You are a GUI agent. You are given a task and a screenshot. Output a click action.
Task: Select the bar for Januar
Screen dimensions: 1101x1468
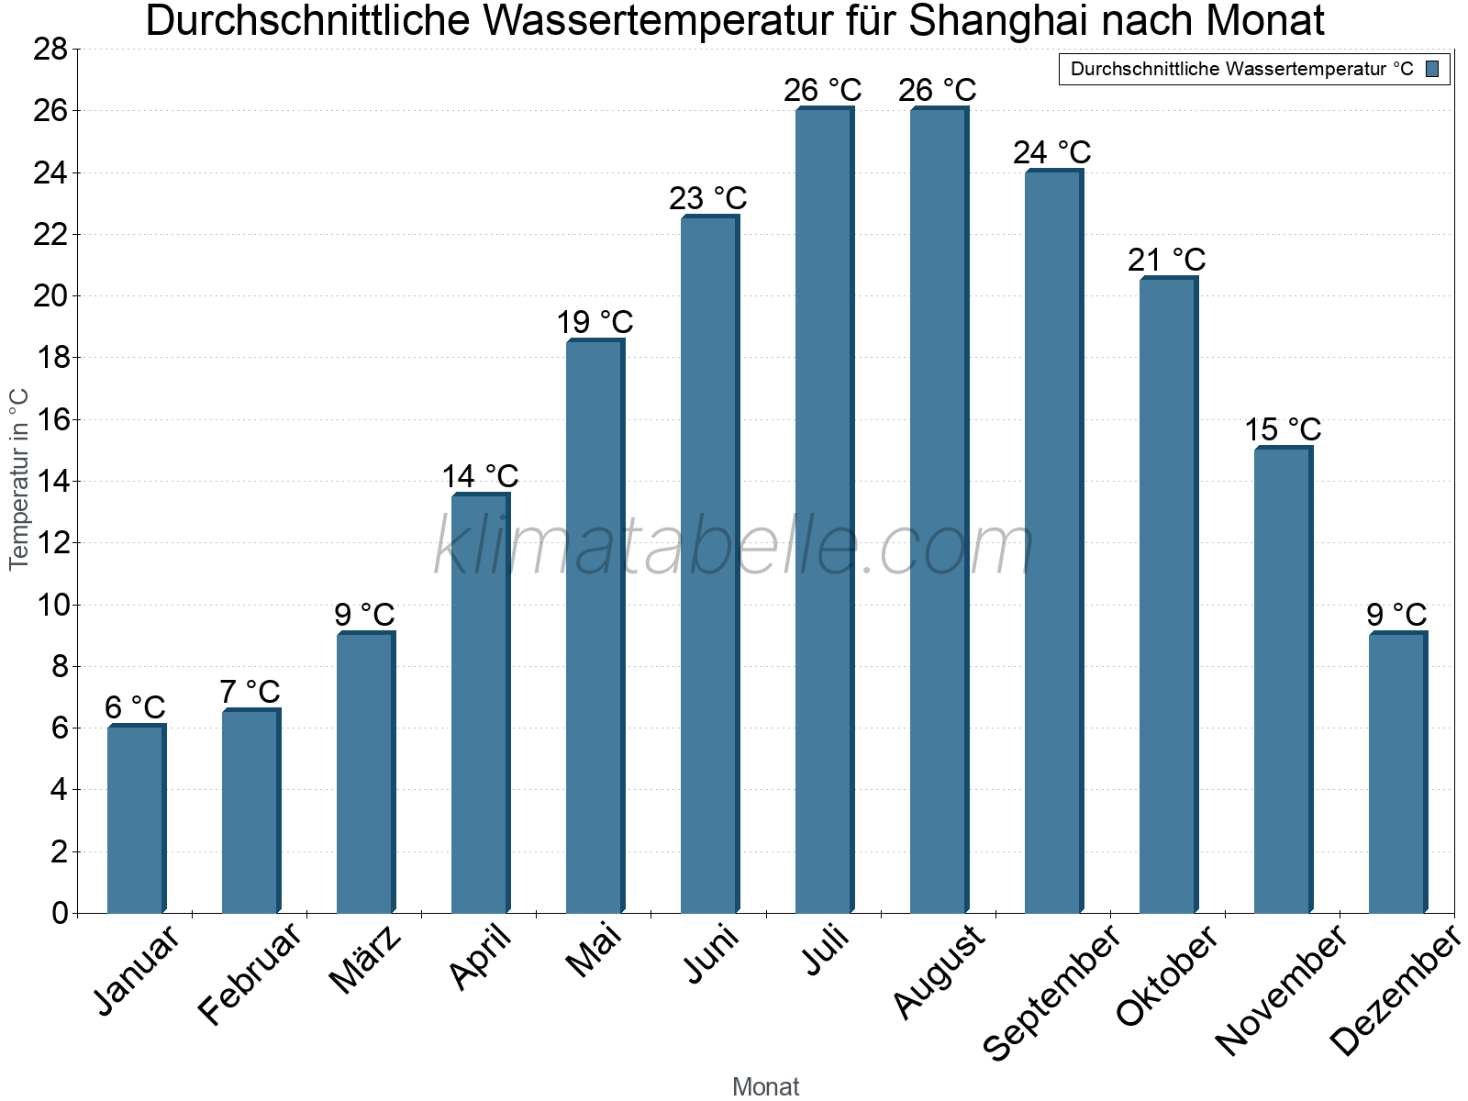click(x=136, y=818)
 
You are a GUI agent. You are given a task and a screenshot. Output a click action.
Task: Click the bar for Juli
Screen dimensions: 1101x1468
click(x=824, y=510)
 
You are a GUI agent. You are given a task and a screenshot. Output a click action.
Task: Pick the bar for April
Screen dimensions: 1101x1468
click(x=480, y=703)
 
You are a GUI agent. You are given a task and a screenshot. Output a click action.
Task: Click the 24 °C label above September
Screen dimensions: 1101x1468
click(x=1052, y=152)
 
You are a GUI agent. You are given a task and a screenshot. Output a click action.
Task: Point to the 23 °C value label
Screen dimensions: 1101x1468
click(x=707, y=199)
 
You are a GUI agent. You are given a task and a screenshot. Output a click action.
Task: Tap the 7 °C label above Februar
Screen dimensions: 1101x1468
click(x=250, y=692)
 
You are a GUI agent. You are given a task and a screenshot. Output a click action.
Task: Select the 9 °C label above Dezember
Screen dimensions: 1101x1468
click(x=1396, y=615)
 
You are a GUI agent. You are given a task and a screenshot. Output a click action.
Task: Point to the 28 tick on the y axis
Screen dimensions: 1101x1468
click(x=50, y=49)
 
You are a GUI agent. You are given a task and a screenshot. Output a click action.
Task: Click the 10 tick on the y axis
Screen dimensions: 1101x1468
click(x=50, y=605)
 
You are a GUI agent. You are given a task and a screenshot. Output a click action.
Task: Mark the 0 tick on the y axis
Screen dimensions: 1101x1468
click(x=60, y=913)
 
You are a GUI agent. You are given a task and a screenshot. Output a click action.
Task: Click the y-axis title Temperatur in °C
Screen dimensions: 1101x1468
click(x=19, y=479)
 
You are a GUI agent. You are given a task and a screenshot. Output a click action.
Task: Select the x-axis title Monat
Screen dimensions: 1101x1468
click(x=766, y=1086)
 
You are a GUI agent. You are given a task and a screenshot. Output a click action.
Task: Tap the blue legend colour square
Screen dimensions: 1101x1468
click(x=1433, y=69)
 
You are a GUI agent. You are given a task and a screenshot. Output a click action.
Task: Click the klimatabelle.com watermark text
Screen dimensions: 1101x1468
click(x=734, y=548)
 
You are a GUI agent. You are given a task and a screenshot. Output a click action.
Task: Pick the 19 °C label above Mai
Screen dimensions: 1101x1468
click(x=595, y=323)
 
